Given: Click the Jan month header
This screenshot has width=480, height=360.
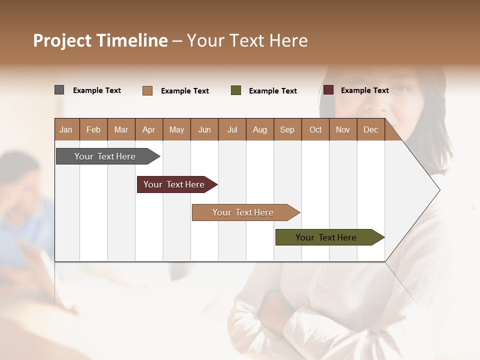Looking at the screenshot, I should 66,129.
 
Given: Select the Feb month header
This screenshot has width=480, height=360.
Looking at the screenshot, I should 93,129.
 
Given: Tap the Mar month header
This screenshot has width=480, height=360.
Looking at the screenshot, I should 121,129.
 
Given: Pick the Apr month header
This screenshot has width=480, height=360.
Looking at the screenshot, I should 148,129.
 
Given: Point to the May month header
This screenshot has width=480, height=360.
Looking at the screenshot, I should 176,129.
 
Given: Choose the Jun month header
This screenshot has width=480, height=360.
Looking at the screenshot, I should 204,129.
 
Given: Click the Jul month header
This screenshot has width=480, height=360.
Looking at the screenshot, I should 232,129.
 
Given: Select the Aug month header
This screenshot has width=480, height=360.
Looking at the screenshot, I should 259,129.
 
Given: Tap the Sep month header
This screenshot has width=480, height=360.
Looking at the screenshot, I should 287,129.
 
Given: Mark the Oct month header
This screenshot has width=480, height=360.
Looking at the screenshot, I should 315,129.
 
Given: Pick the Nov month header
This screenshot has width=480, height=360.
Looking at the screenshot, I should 343,129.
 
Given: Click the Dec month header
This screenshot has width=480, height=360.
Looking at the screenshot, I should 370,129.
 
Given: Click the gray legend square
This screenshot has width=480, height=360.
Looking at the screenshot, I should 59,90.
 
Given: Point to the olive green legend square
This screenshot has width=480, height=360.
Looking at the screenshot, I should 236,90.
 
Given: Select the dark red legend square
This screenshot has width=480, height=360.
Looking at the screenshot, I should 328,90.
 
